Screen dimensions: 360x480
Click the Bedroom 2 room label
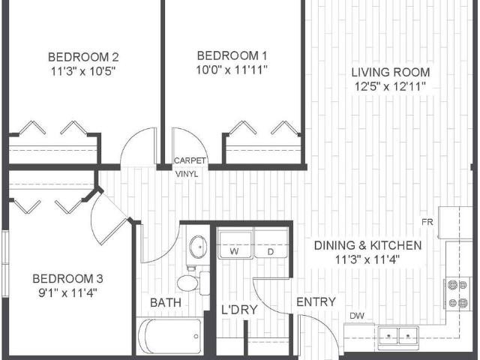84,57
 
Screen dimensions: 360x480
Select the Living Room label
391,72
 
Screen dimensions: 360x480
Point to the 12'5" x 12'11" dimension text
391,86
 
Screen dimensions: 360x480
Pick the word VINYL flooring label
187,173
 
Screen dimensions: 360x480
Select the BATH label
164,302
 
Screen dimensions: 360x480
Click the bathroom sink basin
199,246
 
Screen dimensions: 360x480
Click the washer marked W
235,245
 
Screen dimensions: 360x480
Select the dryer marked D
270,245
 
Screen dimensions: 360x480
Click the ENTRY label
316,301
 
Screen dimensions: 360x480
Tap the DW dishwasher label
357,316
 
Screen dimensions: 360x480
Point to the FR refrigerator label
427,223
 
